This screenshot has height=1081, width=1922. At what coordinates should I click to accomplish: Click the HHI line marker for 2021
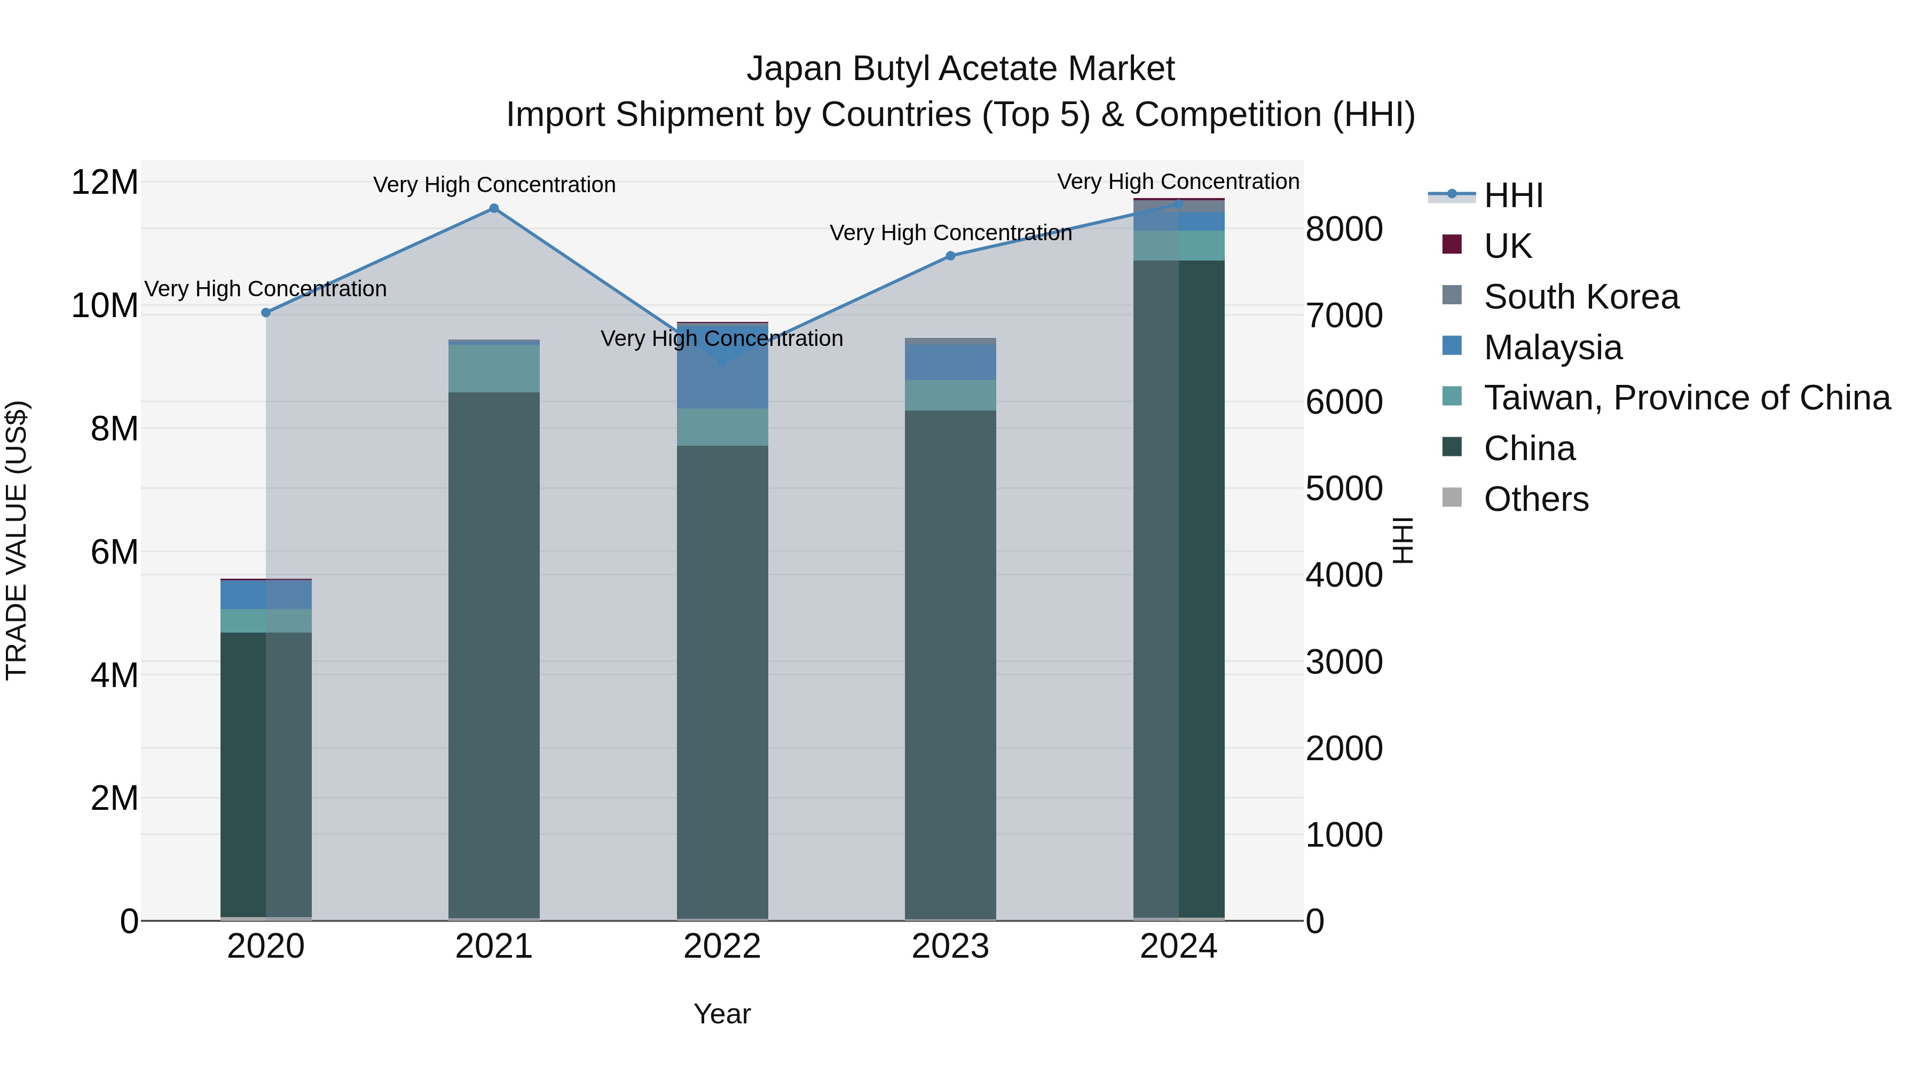pyautogui.click(x=494, y=209)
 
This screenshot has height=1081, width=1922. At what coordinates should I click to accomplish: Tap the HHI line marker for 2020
pyautogui.click(x=266, y=313)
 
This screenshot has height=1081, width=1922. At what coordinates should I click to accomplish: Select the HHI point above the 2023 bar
pyautogui.click(x=950, y=256)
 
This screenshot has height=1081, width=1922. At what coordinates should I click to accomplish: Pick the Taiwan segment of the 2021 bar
pyautogui.click(x=494, y=368)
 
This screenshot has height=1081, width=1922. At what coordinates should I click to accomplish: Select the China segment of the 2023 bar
pyautogui.click(x=950, y=664)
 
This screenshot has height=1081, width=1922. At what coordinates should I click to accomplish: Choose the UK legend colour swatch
pyautogui.click(x=1452, y=244)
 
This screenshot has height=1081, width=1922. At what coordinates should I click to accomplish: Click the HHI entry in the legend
pyautogui.click(x=1513, y=195)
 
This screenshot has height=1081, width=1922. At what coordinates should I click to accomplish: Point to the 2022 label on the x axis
pyautogui.click(x=722, y=946)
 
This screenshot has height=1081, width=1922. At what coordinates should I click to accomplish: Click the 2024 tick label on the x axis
pyautogui.click(x=1179, y=946)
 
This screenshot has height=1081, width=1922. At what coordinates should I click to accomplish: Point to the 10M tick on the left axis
pyautogui.click(x=105, y=306)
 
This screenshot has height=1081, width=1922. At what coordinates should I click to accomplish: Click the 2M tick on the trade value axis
pyautogui.click(x=114, y=798)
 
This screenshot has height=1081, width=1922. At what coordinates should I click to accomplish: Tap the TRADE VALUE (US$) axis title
pyautogui.click(x=17, y=540)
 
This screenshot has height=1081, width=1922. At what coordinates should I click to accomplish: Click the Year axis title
pyautogui.click(x=722, y=1014)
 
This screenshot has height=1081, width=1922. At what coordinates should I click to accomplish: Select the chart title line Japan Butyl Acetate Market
pyautogui.click(x=960, y=69)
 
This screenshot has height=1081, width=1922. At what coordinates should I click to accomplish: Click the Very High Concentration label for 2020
pyautogui.click(x=266, y=289)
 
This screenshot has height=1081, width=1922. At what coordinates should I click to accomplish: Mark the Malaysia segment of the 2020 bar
pyautogui.click(x=266, y=595)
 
